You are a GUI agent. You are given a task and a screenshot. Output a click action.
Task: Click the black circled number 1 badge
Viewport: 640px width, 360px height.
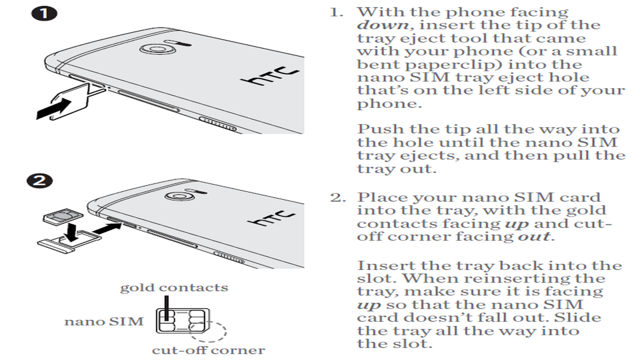click(x=44, y=14)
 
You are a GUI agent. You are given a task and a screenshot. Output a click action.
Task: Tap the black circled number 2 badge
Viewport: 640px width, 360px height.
click(x=39, y=180)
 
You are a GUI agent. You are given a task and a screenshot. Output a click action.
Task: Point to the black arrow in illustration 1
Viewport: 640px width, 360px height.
click(x=53, y=109)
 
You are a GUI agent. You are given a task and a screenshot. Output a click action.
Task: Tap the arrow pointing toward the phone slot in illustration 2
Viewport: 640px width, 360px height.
click(x=107, y=229)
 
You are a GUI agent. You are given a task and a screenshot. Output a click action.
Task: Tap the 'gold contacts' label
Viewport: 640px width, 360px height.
click(x=174, y=288)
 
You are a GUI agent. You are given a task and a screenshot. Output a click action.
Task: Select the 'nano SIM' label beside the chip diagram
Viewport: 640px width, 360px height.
click(x=104, y=322)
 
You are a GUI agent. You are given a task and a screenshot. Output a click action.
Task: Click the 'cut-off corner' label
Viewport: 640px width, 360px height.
click(x=208, y=350)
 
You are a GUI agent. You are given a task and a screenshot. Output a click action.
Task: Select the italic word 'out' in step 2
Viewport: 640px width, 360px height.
click(x=534, y=237)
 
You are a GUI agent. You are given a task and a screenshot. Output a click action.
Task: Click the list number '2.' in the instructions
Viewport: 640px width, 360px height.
click(x=338, y=198)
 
